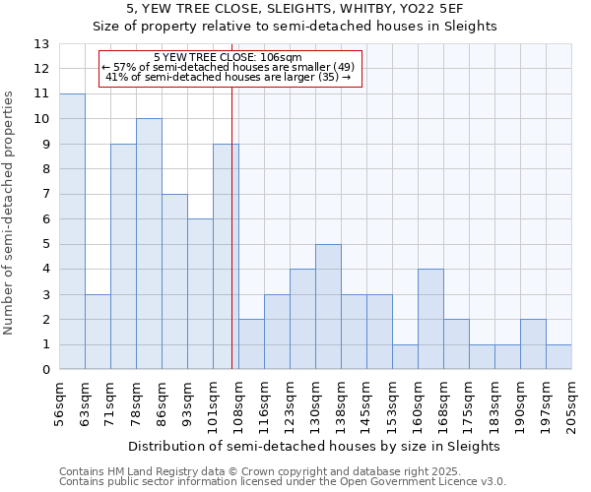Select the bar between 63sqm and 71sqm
coord(98,332)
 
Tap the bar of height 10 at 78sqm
coord(149,244)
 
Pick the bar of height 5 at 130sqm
coord(328,307)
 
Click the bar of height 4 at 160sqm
coord(430,320)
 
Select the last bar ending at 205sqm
coord(558,357)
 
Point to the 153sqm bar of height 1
coord(405,357)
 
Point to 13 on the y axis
coord(41,44)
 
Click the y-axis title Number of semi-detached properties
coord(10,213)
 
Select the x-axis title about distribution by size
coord(315,446)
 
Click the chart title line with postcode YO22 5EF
coord(295,9)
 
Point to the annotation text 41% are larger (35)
coord(228,77)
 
